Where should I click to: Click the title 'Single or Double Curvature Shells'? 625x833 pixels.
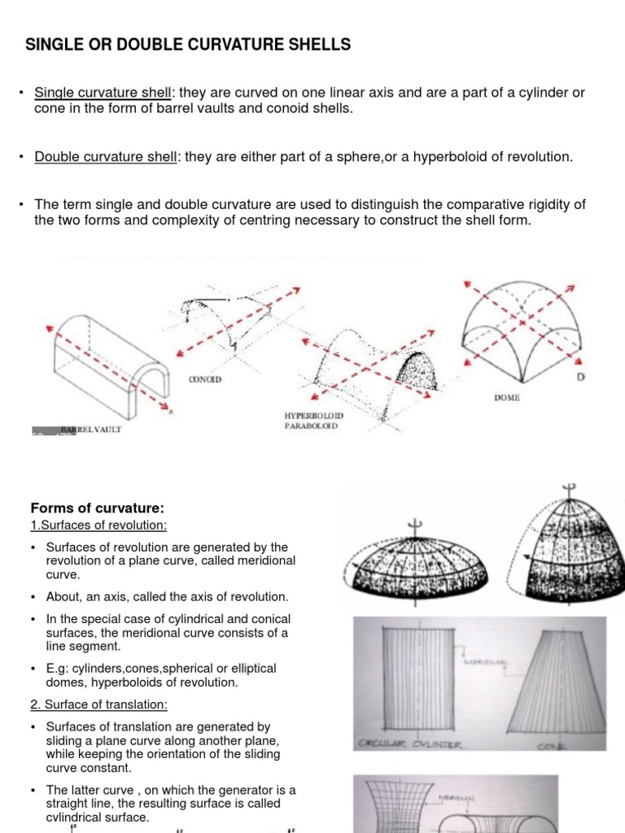coord(188,45)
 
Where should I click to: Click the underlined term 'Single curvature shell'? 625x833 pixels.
coord(103,93)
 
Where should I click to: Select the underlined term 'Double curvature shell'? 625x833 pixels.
coord(105,157)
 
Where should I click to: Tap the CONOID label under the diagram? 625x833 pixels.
coord(205,379)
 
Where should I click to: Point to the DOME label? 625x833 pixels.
coord(506,398)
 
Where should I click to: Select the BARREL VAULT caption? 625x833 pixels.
coord(90,430)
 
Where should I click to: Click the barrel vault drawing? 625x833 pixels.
coord(106,358)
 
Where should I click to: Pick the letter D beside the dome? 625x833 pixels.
coord(579,377)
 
